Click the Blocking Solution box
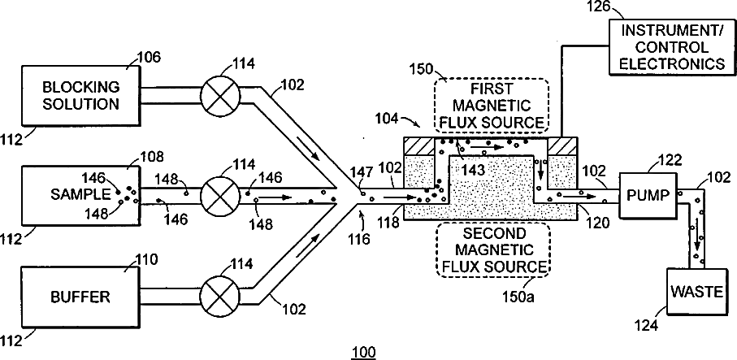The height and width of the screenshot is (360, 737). point(80,96)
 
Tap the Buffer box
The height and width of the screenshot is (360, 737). point(80,297)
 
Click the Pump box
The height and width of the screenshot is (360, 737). point(647,195)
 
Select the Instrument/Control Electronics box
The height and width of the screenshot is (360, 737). point(672,47)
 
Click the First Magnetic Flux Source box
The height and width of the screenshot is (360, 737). point(491,105)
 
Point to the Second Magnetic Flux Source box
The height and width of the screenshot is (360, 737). point(493,249)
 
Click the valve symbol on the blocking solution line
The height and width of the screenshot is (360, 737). point(220,95)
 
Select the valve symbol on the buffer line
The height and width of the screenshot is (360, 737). point(220,297)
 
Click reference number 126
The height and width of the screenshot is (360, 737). point(597,7)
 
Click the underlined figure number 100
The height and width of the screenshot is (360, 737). point(363,352)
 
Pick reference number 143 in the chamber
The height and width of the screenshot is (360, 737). point(473,170)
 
